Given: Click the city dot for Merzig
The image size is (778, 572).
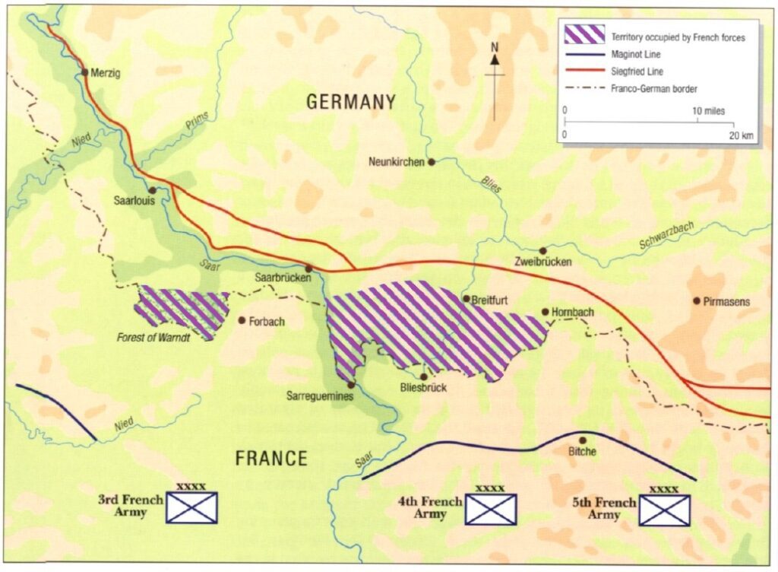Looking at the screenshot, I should point(85,73).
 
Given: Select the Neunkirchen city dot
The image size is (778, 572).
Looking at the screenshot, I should point(431,162).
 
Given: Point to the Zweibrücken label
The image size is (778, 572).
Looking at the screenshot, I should point(542,262).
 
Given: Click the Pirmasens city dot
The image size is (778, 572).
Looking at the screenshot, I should point(697,300).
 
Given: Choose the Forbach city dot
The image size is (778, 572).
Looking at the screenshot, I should point(242,320).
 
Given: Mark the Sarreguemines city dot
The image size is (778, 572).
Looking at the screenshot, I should point(350,385).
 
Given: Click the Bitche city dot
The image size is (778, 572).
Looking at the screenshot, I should point(583,440).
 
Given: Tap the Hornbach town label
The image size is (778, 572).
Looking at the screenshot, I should point(573,312).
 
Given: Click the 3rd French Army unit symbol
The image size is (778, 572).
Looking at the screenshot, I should point(191,507).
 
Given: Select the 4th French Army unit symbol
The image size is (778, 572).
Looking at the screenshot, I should point(490,509).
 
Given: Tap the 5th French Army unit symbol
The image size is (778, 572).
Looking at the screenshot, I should point(664,510).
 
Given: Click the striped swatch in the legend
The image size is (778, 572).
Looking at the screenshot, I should point(583,35).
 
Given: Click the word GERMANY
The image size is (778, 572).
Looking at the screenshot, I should point(351,102).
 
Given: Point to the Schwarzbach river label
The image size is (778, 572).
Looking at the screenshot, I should point(666,238).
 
